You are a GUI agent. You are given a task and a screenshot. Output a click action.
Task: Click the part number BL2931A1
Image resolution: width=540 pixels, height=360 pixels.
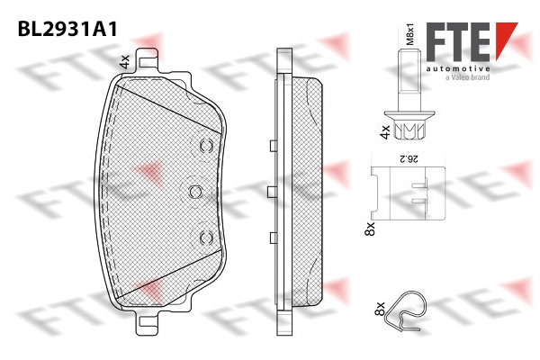coord(67,29)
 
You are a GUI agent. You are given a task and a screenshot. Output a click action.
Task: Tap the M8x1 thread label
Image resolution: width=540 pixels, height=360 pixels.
coord(409,34)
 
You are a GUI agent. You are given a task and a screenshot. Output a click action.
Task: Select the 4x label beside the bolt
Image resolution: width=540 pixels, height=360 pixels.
coord(384,132)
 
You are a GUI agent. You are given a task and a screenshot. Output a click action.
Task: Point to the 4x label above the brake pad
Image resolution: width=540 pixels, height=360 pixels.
coord(124,62)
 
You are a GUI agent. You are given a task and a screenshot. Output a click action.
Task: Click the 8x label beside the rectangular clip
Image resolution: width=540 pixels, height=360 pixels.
coord(370,229)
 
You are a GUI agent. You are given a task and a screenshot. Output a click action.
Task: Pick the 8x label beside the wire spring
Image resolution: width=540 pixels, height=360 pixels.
coord(379,309)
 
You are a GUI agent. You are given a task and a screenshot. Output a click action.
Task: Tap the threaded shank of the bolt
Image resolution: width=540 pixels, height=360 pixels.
coord(409,80)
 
